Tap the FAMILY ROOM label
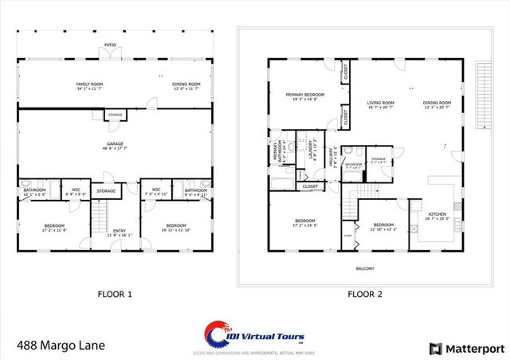click(x=92, y=85)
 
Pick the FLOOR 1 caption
click(x=115, y=294)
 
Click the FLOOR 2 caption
click(x=365, y=294)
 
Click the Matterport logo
click(x=465, y=348)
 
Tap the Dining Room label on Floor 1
click(x=186, y=85)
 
